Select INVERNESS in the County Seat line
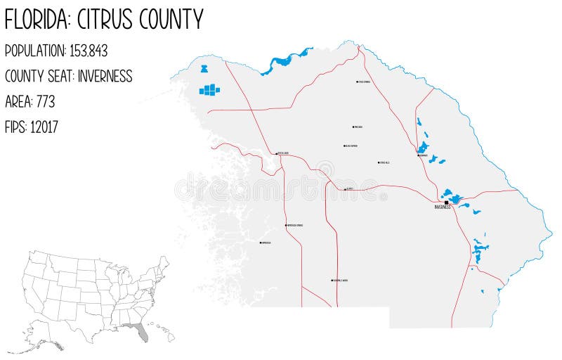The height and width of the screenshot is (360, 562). tap(105, 76)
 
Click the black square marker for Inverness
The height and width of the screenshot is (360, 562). tap(446, 202)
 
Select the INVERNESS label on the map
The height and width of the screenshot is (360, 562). tap(443, 207)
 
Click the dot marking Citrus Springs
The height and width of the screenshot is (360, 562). tap(357, 82)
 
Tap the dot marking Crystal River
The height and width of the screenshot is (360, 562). tap(276, 153)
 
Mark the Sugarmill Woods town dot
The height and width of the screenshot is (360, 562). tap(332, 281)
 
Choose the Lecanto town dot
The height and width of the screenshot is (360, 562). tap(344, 188)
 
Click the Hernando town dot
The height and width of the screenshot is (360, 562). tap(419, 155)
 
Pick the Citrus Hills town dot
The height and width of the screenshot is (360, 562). tap(379, 162)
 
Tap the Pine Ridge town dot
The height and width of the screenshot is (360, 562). tap(353, 127)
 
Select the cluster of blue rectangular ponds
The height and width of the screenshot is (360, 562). tap(209, 90)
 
